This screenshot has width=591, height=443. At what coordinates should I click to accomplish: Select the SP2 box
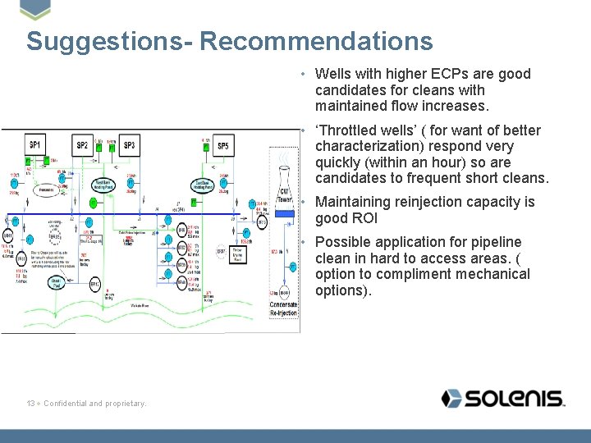[x=82, y=146]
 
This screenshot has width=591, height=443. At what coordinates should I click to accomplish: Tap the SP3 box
[x=129, y=146]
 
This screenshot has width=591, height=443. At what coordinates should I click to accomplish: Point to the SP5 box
[x=223, y=146]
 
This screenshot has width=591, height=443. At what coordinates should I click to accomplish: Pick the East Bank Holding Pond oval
[x=204, y=185]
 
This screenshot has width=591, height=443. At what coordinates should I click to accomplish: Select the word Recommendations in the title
[x=315, y=41]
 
